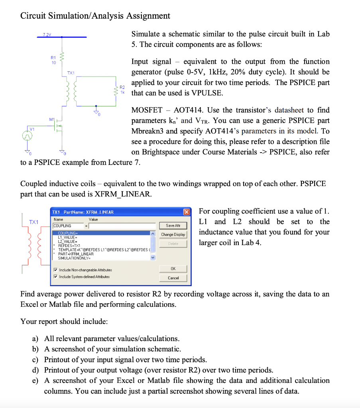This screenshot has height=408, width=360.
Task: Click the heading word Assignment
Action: click(148, 16)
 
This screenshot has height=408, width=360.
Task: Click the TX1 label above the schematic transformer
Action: click(71, 73)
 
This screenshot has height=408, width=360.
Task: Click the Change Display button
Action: click(173, 235)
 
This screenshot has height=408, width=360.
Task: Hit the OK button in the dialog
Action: click(173, 269)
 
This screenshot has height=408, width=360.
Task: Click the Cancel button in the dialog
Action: click(173, 278)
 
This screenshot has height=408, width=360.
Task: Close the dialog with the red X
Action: click(186, 212)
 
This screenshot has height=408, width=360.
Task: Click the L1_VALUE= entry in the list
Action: click(67, 237)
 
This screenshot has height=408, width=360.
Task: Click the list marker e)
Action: click(35, 381)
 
